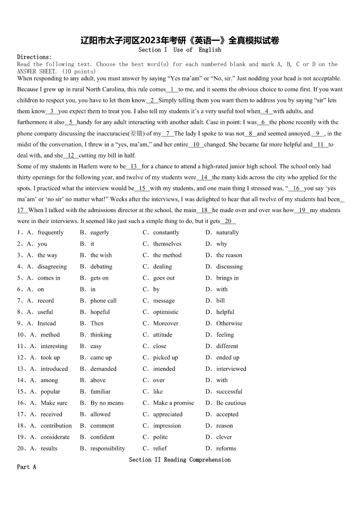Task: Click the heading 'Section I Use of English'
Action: tap(180, 49)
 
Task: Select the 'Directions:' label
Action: tap(34, 57)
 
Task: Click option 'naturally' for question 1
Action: tap(227, 233)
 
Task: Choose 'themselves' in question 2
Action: tap(167, 244)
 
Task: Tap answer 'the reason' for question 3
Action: tap(229, 255)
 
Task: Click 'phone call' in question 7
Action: tap(103, 301)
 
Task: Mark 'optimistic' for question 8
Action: tap(165, 312)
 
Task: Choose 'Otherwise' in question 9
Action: tap(229, 323)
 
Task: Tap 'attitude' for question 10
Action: tap(162, 334)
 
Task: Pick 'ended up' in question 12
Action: tap(228, 358)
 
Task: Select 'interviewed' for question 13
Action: tap(231, 369)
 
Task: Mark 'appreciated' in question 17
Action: tap(168, 414)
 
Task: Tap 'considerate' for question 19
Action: tap(55, 437)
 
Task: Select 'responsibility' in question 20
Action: tap(107, 448)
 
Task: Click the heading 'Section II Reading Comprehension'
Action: tap(180, 460)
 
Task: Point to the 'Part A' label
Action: tap(26, 467)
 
